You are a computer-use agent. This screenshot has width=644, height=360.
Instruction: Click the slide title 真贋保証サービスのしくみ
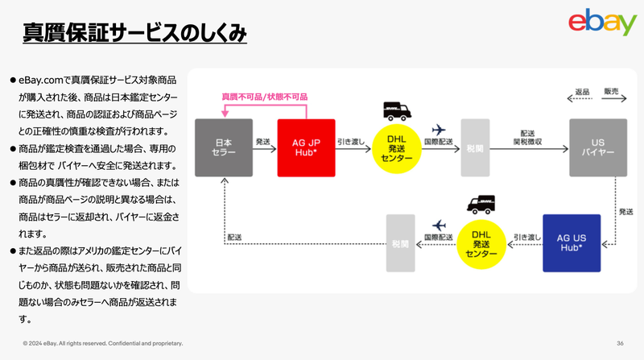pyautogui.click(x=134, y=33)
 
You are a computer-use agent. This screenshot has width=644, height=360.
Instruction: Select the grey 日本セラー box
pyautogui.click(x=224, y=147)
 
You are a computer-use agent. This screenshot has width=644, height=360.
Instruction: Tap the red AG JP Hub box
pyautogui.click(x=306, y=147)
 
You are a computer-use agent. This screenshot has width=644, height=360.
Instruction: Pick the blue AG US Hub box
pyautogui.click(x=572, y=242)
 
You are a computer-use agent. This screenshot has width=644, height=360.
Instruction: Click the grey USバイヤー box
pyautogui.click(x=598, y=147)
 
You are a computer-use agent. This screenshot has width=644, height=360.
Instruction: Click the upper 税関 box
pyautogui.click(x=474, y=147)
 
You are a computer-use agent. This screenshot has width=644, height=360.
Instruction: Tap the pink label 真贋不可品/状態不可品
pyautogui.click(x=264, y=96)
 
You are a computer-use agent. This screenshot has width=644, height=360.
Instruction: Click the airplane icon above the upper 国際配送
pyautogui.click(x=439, y=130)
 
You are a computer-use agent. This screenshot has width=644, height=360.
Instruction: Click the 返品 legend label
pyautogui.click(x=583, y=92)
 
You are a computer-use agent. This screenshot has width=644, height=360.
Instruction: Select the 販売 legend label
pyautogui.click(x=611, y=92)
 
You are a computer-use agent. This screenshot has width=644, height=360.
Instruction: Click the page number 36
pyautogui.click(x=621, y=343)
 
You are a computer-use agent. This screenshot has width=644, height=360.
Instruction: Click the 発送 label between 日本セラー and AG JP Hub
pyautogui.click(x=263, y=140)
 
